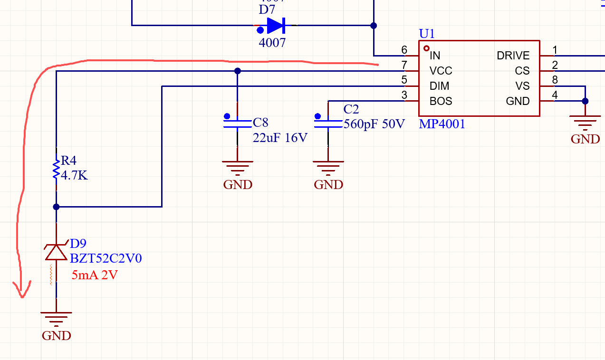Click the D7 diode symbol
(x=276, y=26)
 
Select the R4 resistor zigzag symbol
(x=56, y=170)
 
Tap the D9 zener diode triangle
(x=56, y=252)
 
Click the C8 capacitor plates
(x=238, y=123)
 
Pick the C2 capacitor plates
(x=328, y=123)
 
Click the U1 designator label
(x=427, y=34)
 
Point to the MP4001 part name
(x=442, y=124)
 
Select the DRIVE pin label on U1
(x=513, y=56)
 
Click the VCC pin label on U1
(x=441, y=71)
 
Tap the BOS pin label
(x=441, y=101)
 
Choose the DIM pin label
(x=440, y=86)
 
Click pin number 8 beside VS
(x=555, y=80)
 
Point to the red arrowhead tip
(x=22, y=297)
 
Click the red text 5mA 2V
(x=95, y=275)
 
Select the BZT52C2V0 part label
(x=106, y=258)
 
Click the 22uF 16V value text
(x=280, y=138)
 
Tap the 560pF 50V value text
(x=374, y=124)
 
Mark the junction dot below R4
(x=56, y=207)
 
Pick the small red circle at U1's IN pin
(x=426, y=48)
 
